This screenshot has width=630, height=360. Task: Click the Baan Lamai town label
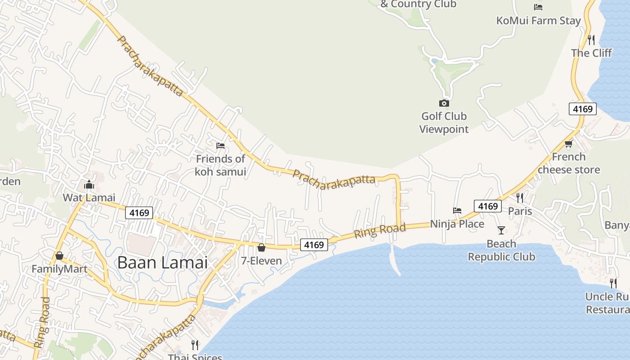[x=162, y=262]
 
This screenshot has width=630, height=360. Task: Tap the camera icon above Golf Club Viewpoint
[x=444, y=103]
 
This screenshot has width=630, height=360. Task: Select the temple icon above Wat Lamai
[x=89, y=184]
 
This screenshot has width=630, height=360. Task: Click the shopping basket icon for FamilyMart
[x=59, y=256]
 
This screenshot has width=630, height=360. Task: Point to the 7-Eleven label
[x=261, y=261]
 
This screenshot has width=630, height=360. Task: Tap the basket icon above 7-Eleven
[x=261, y=247]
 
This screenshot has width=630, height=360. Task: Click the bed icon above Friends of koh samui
[x=220, y=145]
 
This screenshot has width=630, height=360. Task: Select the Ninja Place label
[x=457, y=224]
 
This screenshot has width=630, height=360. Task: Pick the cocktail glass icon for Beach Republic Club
[x=501, y=230]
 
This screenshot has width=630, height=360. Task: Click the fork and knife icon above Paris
[x=520, y=198]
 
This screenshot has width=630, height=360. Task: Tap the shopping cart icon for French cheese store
[x=568, y=144]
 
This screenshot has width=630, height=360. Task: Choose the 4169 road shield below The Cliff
[x=583, y=109]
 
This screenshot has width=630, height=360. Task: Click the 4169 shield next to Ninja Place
[x=488, y=206]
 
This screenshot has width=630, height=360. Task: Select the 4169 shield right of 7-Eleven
[x=314, y=245]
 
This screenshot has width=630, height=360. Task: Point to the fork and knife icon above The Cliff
[x=591, y=40]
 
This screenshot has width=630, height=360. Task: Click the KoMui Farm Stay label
[x=539, y=21]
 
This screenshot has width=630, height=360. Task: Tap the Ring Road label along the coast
[x=380, y=231]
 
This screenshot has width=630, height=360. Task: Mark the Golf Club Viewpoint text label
[x=444, y=123]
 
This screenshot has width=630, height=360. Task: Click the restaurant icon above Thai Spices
[x=195, y=345]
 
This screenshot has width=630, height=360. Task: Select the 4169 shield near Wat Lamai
[x=139, y=213]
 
